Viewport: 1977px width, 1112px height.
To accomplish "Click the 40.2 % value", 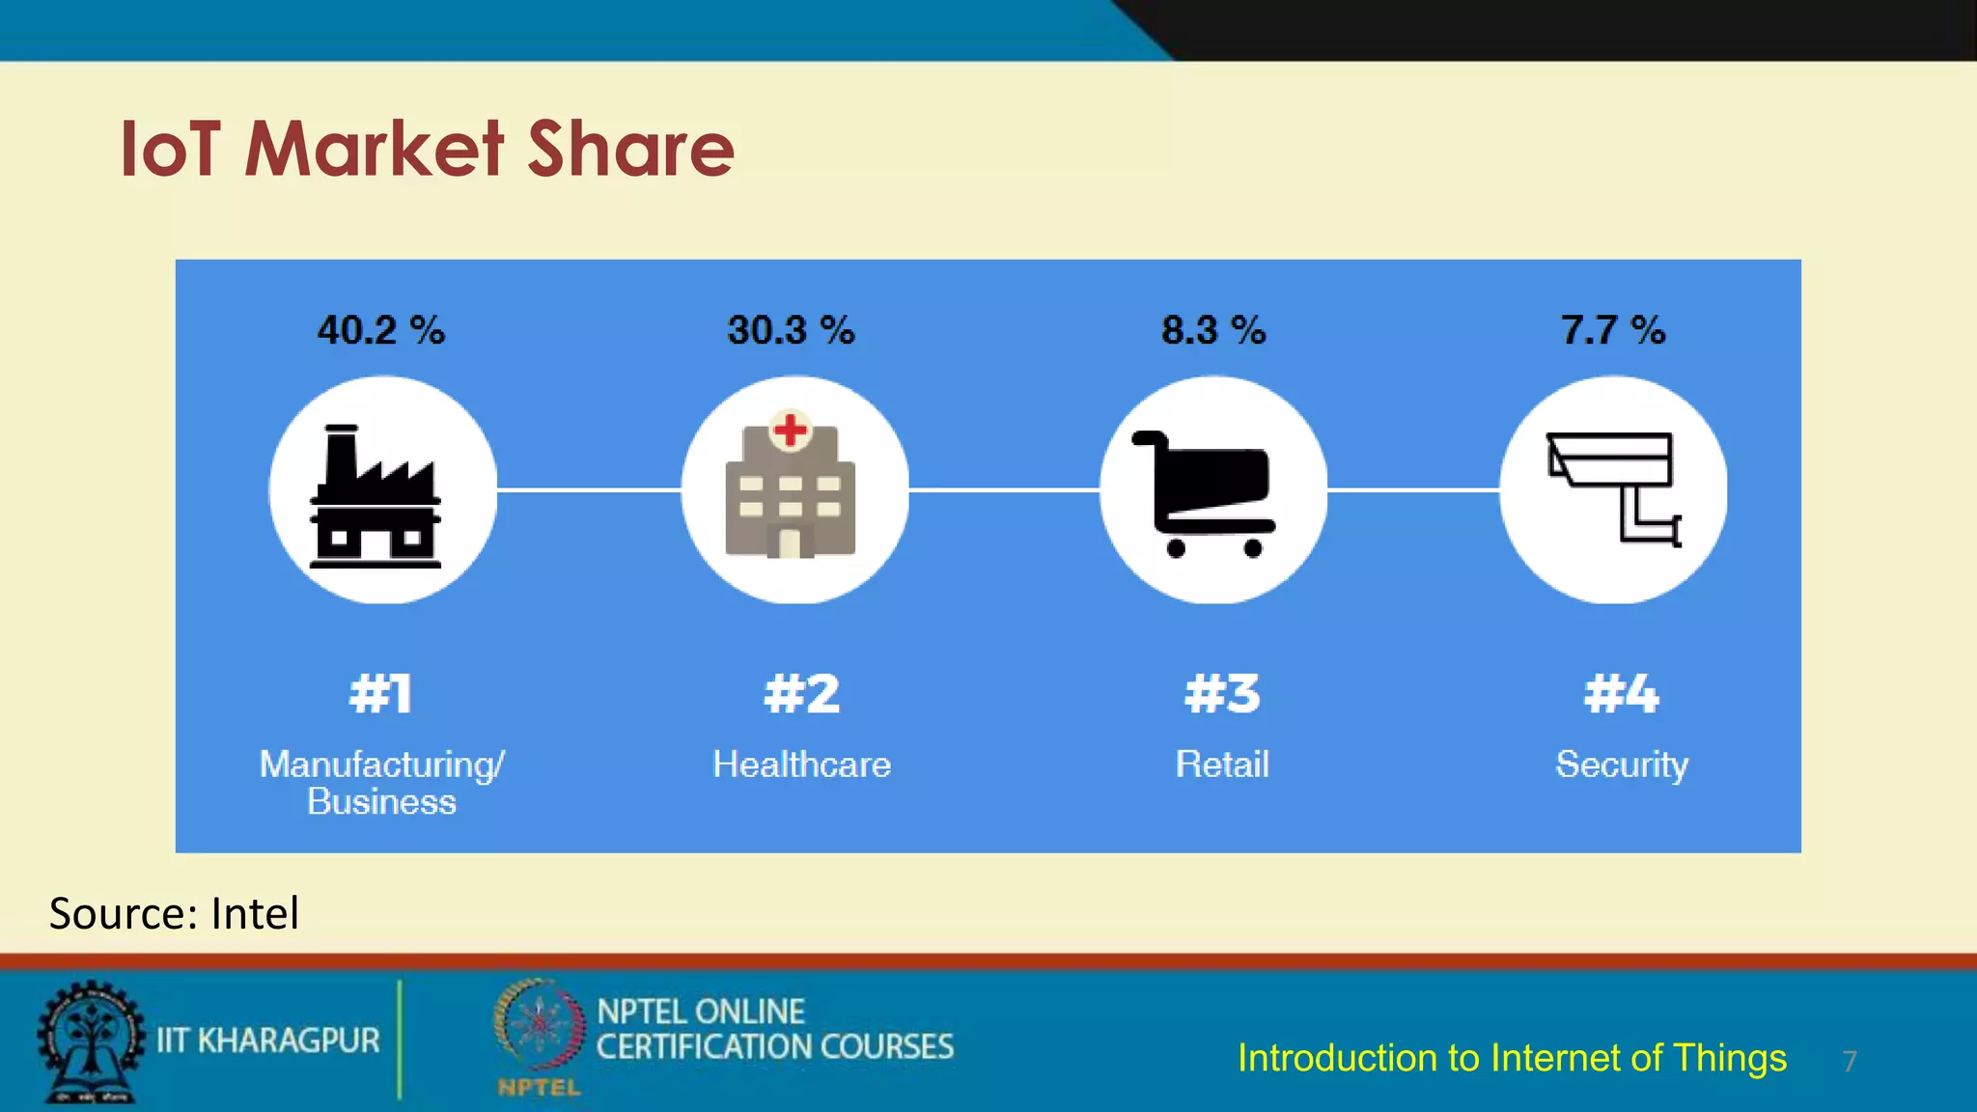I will tap(381, 331).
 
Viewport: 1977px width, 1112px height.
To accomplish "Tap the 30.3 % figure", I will tap(791, 331).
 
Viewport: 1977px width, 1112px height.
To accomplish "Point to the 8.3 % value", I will tap(1213, 331).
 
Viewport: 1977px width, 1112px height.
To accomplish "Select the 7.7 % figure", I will tap(1613, 331).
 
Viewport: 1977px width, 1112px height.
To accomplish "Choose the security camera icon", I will tap(1613, 487).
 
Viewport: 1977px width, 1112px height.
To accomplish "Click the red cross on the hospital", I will tap(791, 430).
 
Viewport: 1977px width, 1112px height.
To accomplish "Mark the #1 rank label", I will tap(381, 694).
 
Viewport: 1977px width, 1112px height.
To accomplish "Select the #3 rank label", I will tap(1222, 694).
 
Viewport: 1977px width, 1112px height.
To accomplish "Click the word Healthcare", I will tap(801, 764).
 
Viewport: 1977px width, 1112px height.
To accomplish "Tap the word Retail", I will tap(1222, 764).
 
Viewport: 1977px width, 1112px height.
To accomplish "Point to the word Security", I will tap(1622, 764).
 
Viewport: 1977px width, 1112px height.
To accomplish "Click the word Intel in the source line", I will tap(255, 913).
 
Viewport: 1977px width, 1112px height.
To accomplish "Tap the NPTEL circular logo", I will tap(539, 1027).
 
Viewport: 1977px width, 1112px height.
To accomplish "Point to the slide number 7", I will tap(1850, 1062).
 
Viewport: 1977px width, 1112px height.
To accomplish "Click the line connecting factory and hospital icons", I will tap(589, 490).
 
